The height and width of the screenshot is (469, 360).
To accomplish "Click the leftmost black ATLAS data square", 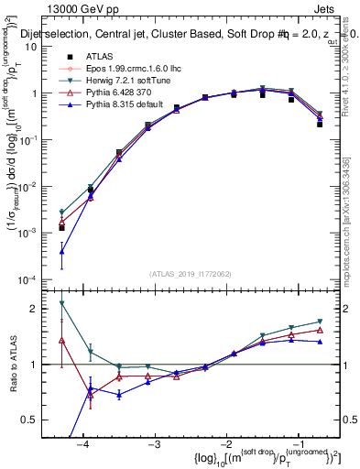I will coord(61,228).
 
